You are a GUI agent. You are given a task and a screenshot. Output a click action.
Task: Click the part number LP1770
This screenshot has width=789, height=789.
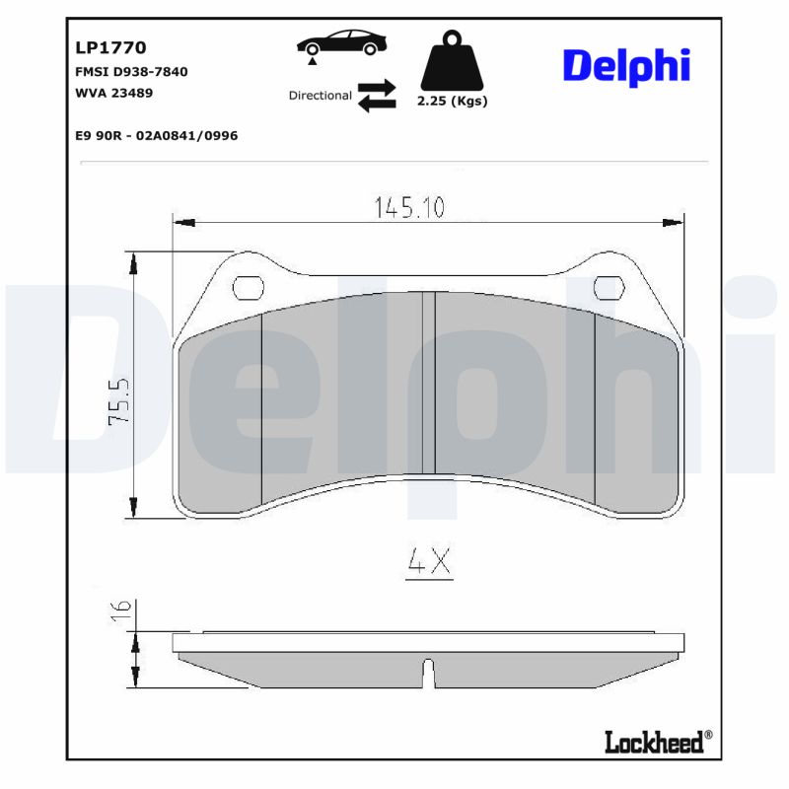pos(111,46)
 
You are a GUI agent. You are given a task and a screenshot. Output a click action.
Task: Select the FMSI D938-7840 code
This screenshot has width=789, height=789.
pos(131,72)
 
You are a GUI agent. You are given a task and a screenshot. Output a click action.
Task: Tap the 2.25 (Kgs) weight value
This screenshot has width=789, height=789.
pos(452,101)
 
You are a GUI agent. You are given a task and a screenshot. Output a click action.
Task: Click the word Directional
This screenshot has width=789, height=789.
pos(320,96)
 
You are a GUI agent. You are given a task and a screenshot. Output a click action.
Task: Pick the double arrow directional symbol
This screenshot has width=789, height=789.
pos(376,96)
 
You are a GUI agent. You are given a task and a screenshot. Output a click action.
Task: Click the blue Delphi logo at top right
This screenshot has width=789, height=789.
pos(625,66)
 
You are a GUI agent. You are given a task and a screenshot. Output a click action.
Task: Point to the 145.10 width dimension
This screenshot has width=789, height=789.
pos(409,208)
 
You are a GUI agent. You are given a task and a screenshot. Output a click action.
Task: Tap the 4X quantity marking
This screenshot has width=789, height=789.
pos(429,562)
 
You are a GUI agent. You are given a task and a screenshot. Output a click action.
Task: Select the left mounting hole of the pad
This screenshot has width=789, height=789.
pos(247,287)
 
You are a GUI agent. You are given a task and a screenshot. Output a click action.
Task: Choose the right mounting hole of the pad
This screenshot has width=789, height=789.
pos(610,287)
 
